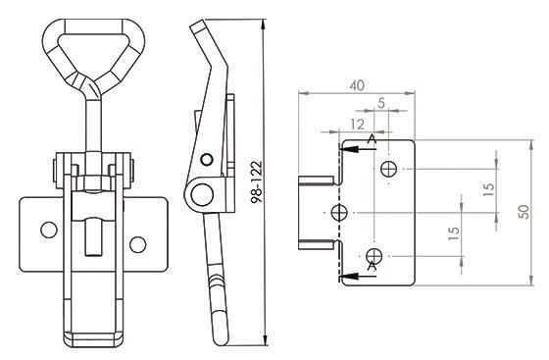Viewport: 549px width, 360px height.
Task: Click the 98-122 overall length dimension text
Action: pos(256,181)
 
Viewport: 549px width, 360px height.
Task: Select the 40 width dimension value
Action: pos(357,85)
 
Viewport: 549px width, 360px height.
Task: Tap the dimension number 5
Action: pos(381,103)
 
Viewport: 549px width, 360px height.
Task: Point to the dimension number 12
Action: pos(357,125)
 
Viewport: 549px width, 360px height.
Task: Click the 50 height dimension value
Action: pos(524,212)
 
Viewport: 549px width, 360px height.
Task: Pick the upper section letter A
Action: pos(372,139)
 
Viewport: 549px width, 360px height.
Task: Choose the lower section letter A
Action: pos(372,267)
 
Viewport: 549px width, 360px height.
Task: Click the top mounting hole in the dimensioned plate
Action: pos(388,169)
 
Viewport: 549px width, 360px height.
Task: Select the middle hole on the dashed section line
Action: pos(339,212)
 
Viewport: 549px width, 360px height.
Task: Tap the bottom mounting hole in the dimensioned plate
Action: pos(374,256)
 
